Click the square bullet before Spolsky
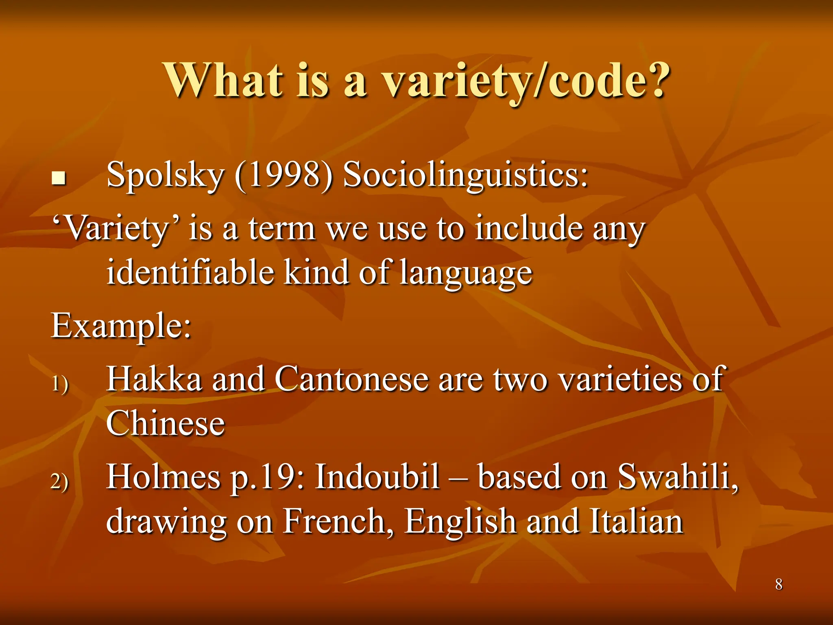tap(59, 178)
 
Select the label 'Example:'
tap(121, 326)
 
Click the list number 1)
tap(60, 383)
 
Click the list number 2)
tap(60, 481)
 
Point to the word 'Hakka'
tap(154, 379)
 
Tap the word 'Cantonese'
tap(352, 379)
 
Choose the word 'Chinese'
tap(165, 424)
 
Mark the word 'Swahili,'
tap(678, 477)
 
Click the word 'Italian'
tap(637, 521)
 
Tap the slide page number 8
tap(778, 584)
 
